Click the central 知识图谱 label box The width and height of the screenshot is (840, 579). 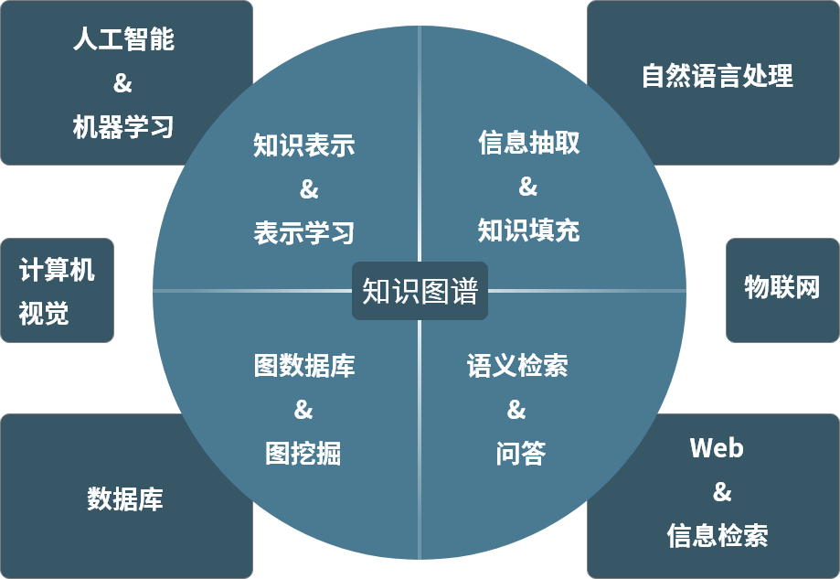point(420,292)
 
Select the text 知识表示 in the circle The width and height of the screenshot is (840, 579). point(304,145)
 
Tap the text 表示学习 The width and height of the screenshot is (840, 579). point(304,232)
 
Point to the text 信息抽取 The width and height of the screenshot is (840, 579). point(528,143)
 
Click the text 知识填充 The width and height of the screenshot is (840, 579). point(528,230)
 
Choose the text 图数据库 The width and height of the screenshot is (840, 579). point(304,366)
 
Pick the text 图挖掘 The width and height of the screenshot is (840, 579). point(303,453)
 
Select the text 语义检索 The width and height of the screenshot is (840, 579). point(517,366)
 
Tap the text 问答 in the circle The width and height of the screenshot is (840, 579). point(518,453)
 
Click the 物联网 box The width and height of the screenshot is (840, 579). point(782,289)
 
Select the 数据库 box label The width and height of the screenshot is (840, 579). point(125,499)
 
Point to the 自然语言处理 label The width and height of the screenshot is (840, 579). point(718,76)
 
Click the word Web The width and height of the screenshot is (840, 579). point(717,448)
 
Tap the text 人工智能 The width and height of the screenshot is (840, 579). point(123,40)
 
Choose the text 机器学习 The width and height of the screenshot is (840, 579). point(123,126)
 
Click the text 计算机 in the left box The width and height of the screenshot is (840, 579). point(57,270)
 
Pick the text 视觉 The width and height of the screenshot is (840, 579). point(44,314)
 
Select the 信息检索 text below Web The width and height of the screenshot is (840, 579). point(718,535)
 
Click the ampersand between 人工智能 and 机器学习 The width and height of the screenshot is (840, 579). point(122,83)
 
